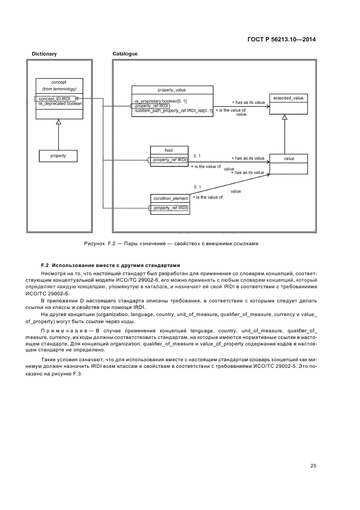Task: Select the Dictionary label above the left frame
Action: (x=44, y=54)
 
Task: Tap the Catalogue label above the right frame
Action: (x=125, y=54)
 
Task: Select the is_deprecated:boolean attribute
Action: (x=60, y=103)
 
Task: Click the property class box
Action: (x=58, y=156)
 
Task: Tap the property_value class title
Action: (x=172, y=90)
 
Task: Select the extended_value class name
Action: (x=289, y=98)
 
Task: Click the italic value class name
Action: (x=289, y=158)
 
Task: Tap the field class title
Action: (x=169, y=150)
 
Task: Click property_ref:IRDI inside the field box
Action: (x=169, y=159)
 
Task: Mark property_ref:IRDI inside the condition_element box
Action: (x=169, y=208)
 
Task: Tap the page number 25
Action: (x=313, y=465)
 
